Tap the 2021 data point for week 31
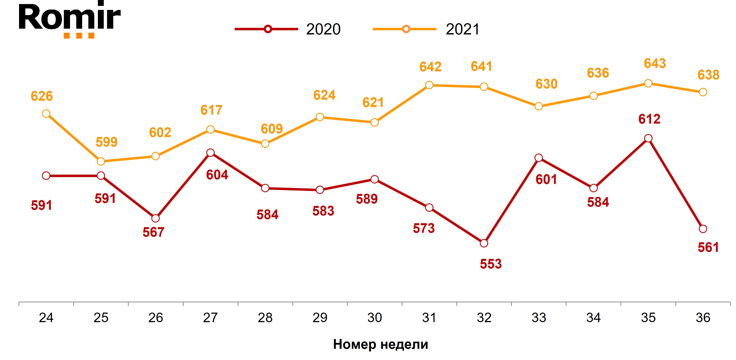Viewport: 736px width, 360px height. (x=429, y=85)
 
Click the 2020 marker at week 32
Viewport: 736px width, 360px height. (x=484, y=243)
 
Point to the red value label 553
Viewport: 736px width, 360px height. (x=491, y=264)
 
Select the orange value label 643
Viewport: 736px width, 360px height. (x=655, y=64)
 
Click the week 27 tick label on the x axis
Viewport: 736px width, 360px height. (x=210, y=318)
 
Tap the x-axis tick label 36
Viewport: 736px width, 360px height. (x=703, y=318)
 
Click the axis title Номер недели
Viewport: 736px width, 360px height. (x=380, y=344)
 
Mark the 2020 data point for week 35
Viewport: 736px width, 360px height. (x=648, y=138)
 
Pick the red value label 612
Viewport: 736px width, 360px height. (x=649, y=119)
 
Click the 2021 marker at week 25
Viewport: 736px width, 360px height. (x=101, y=161)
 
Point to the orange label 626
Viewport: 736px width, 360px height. (x=42, y=96)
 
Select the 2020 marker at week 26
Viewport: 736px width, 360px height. (x=155, y=218)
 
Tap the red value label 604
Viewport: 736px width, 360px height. (x=217, y=175)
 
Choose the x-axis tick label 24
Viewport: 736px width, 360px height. (x=46, y=318)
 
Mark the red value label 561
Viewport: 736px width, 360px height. (x=708, y=247)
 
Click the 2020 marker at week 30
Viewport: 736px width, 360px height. (x=374, y=179)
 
